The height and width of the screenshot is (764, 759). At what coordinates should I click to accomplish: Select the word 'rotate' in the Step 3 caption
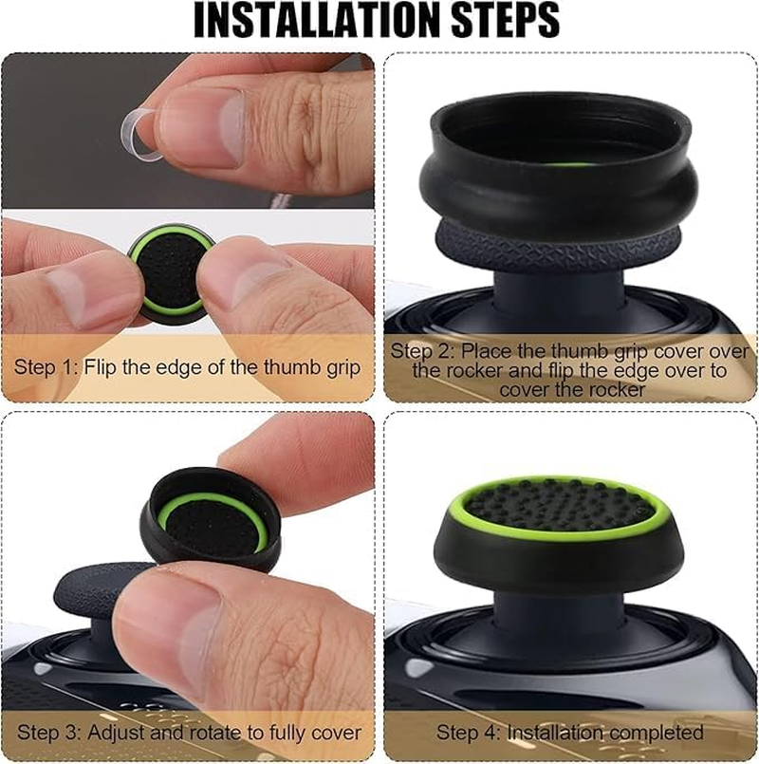click(x=198, y=733)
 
